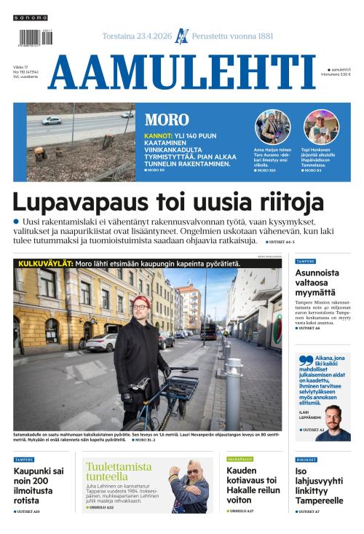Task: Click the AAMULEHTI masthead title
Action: pos(182,73)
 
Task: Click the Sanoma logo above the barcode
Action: pos(30,17)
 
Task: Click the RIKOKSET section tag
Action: pos(306,460)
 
